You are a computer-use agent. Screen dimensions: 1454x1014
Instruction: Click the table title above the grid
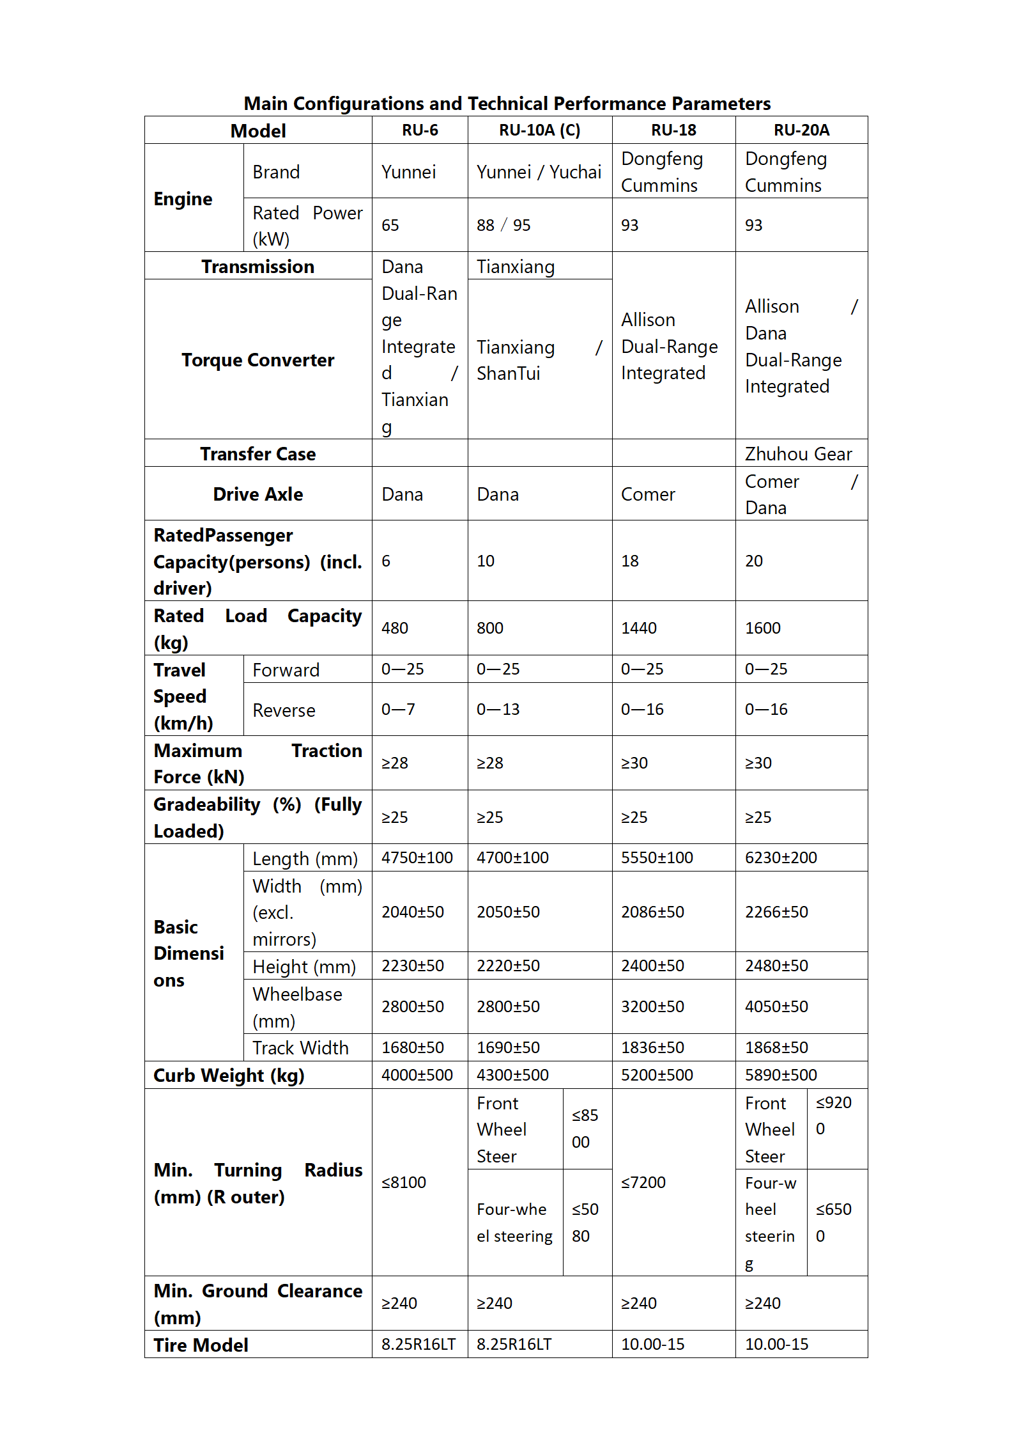pyautogui.click(x=507, y=104)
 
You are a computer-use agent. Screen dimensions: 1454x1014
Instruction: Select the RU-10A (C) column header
pyautogui.click(x=539, y=130)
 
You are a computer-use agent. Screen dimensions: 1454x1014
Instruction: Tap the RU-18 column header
pyautogui.click(x=673, y=130)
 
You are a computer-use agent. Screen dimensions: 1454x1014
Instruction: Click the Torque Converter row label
pyautogui.click(x=257, y=360)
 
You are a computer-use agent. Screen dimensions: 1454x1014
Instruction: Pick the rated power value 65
pyautogui.click(x=390, y=225)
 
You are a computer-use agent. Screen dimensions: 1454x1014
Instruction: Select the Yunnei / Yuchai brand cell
pyautogui.click(x=539, y=172)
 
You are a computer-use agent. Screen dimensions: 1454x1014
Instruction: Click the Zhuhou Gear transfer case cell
pyautogui.click(x=798, y=454)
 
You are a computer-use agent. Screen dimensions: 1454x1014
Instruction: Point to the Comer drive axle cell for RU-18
pyautogui.click(x=648, y=494)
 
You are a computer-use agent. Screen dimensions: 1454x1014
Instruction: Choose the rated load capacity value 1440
pyautogui.click(x=639, y=628)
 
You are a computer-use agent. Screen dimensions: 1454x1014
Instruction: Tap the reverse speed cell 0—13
pyautogui.click(x=498, y=709)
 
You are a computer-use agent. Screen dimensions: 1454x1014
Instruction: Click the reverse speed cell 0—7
pyautogui.click(x=398, y=709)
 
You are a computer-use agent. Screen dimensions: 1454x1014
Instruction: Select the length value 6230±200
pyautogui.click(x=781, y=857)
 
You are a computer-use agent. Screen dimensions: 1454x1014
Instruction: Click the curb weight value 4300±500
pyautogui.click(x=512, y=1075)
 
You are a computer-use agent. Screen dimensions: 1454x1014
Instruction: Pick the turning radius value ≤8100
pyautogui.click(x=404, y=1182)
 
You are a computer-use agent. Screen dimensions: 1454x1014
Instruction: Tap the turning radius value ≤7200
pyautogui.click(x=643, y=1182)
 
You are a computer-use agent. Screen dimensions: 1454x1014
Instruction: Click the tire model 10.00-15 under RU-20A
pyautogui.click(x=776, y=1344)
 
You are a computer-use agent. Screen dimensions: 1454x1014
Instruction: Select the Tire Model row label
pyautogui.click(x=201, y=1345)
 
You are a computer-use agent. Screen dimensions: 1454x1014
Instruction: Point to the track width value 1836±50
pyautogui.click(x=652, y=1047)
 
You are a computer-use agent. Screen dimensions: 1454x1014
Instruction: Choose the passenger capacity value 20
pyautogui.click(x=754, y=561)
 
